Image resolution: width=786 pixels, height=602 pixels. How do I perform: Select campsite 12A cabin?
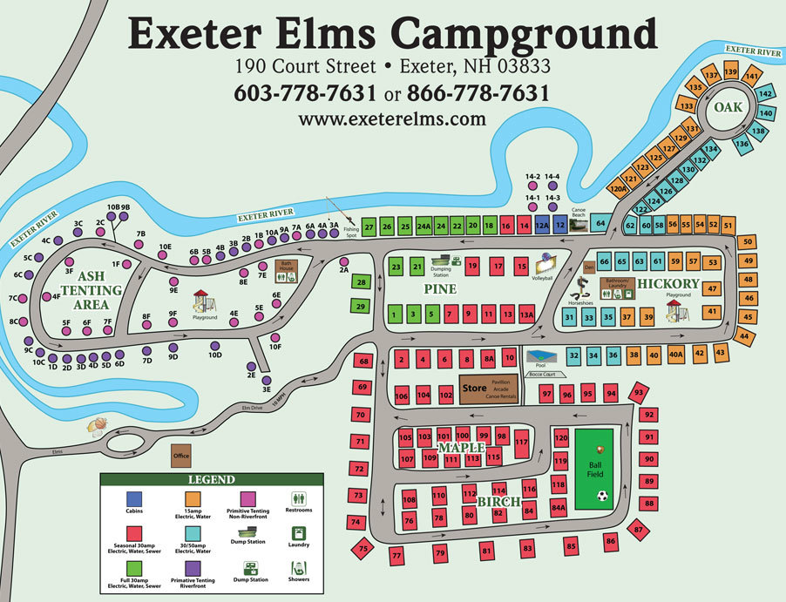pos(542,226)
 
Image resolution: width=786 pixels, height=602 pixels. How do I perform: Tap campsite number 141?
pos(750,77)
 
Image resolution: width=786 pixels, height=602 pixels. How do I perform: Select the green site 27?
pos(369,227)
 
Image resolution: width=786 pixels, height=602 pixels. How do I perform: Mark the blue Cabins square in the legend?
pos(134,498)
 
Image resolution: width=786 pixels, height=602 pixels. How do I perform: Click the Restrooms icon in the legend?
pos(298,499)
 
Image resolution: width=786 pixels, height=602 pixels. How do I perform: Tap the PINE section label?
pos(441,287)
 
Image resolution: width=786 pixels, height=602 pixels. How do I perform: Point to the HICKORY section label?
pos(667,284)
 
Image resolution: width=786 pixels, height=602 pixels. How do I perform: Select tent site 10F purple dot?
pos(275,336)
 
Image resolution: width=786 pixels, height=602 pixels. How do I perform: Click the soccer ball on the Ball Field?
pos(602,496)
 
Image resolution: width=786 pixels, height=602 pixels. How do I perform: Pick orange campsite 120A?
pos(619,187)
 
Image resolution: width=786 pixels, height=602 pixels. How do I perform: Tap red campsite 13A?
pos(526,315)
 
